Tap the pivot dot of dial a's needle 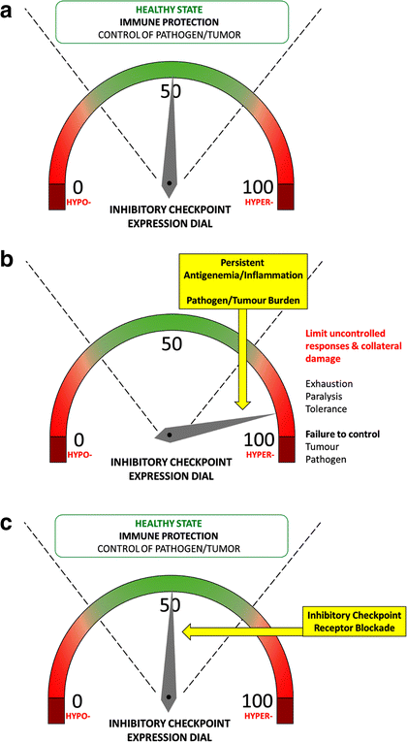tap(170, 181)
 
